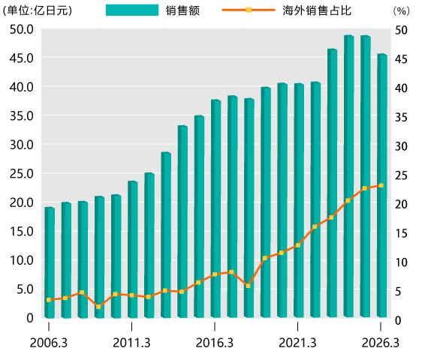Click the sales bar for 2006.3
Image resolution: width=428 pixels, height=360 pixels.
click(50, 262)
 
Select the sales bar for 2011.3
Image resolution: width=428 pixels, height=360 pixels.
click(133, 249)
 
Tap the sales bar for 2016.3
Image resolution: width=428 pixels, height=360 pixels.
click(216, 208)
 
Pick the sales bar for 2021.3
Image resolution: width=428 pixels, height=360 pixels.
click(299, 200)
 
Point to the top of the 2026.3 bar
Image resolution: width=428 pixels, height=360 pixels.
click(382, 55)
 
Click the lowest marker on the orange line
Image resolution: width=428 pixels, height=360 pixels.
click(98, 307)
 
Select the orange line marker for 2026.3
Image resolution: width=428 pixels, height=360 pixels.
click(381, 185)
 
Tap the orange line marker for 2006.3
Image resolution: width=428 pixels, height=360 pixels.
click(49, 300)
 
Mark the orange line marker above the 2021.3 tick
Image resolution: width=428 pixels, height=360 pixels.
click(298, 245)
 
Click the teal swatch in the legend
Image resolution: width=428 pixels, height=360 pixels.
click(132, 10)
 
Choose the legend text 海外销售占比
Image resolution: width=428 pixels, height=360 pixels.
click(317, 10)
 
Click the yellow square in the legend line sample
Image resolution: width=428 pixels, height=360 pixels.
click(249, 10)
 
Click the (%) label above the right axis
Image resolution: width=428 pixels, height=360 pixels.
click(401, 11)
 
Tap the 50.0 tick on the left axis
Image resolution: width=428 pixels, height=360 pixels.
click(21, 29)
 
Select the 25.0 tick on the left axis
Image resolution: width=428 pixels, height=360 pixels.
click(21, 174)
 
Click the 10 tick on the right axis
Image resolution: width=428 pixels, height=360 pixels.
click(401, 262)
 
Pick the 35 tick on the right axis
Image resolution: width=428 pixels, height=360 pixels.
click(401, 117)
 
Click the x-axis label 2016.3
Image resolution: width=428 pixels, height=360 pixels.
click(215, 343)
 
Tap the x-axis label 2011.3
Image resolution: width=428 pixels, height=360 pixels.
click(131, 343)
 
